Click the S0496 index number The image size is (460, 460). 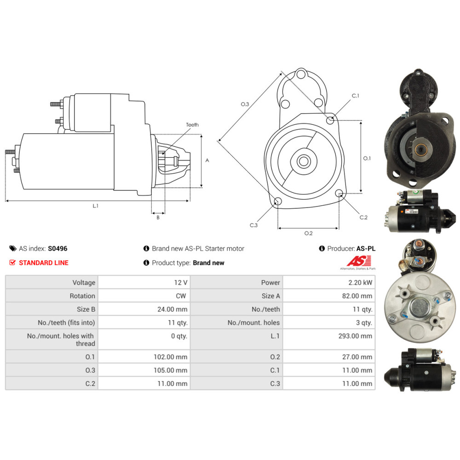pyautogui.click(x=57, y=248)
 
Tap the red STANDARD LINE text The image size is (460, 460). pyautogui.click(x=44, y=263)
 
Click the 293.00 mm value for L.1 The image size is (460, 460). pyautogui.click(x=355, y=336)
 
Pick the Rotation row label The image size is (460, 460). pyautogui.click(x=82, y=296)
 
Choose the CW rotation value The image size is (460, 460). pyautogui.click(x=181, y=296)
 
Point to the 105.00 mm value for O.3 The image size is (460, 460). pyautogui.click(x=171, y=370)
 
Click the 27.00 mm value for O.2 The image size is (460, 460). pyautogui.click(x=357, y=357)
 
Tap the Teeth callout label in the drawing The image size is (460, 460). pyautogui.click(x=192, y=125)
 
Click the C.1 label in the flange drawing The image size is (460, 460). pyautogui.click(x=355, y=96)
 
